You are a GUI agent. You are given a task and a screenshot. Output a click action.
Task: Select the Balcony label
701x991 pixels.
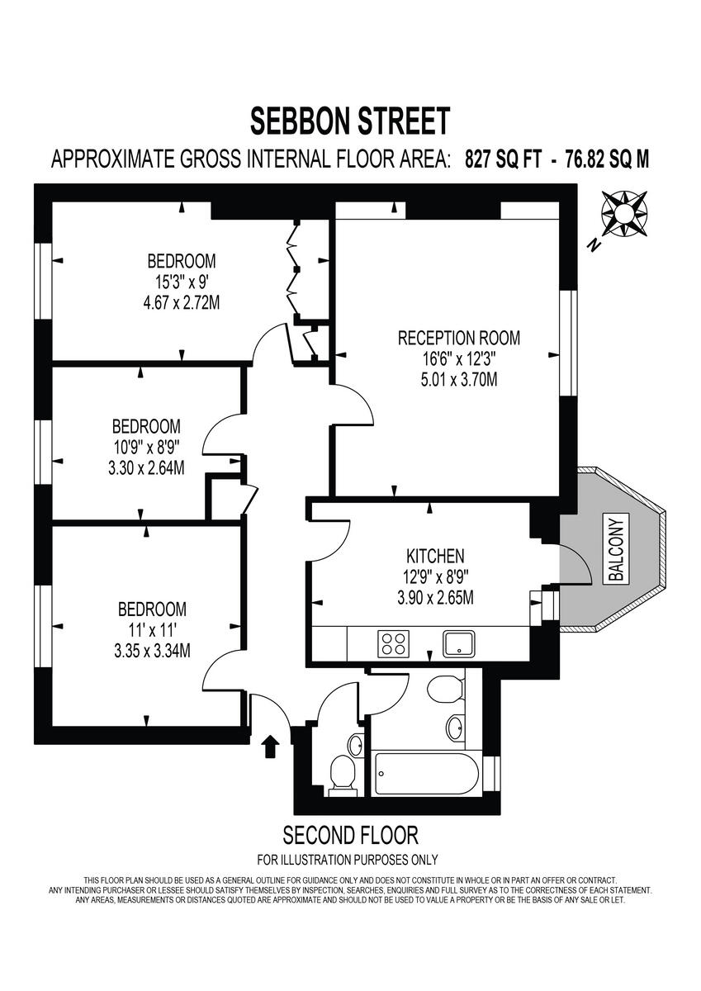(618, 548)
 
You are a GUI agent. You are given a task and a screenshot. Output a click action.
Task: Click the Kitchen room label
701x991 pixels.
(435, 556)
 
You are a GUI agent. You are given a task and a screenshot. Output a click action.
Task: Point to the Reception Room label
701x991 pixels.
(459, 338)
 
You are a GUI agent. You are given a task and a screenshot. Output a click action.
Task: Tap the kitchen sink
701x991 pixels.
(457, 642)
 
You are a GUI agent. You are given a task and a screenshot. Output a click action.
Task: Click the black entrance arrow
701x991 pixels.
(269, 747)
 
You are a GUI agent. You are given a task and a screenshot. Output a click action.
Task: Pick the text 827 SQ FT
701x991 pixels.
(503, 159)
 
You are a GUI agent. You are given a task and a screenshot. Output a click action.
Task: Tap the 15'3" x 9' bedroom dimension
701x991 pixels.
(181, 282)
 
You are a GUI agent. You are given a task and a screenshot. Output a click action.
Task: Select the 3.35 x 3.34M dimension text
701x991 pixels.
(152, 651)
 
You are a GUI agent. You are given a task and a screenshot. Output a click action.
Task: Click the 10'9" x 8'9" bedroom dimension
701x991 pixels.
(146, 448)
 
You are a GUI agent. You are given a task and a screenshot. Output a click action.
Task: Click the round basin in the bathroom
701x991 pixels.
(454, 727)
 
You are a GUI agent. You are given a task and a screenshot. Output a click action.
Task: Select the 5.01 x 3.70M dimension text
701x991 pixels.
(458, 380)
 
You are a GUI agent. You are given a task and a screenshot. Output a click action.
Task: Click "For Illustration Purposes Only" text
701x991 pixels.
(348, 860)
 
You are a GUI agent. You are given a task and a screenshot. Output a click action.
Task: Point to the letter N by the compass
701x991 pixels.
(592, 244)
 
